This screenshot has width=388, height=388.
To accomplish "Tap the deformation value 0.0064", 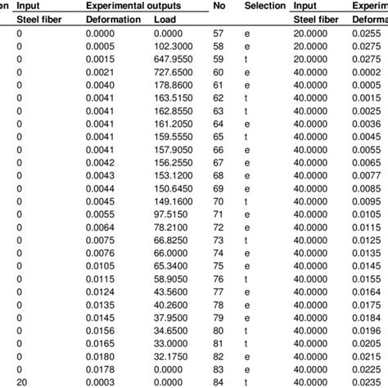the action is (102, 226).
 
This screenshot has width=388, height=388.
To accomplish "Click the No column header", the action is (219, 6).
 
